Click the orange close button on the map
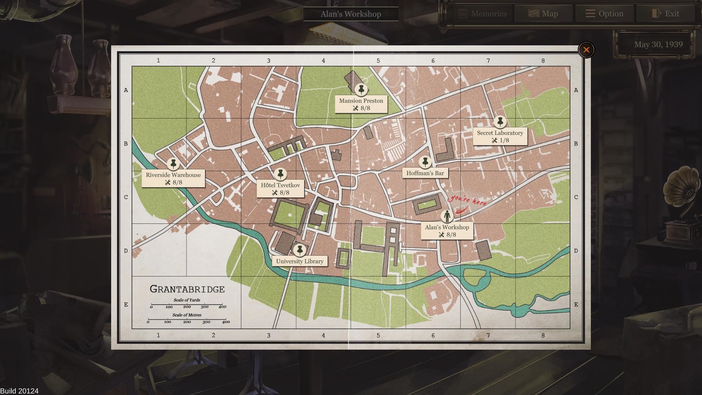click(x=586, y=50)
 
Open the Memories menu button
click(x=483, y=14)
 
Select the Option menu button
click(x=604, y=14)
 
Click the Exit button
click(x=666, y=14)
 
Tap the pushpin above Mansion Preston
click(x=361, y=89)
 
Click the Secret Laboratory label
click(x=500, y=133)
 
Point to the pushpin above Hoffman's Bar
click(x=425, y=162)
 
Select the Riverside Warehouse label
click(x=173, y=175)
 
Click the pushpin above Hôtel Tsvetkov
click(x=280, y=174)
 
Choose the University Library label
click(x=300, y=261)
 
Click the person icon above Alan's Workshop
click(x=447, y=217)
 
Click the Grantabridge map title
click(x=187, y=289)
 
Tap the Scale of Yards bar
click(x=187, y=304)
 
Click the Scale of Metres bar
click(x=187, y=320)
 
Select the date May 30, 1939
click(x=658, y=45)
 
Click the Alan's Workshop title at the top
click(x=351, y=14)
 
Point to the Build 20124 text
click(x=19, y=391)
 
